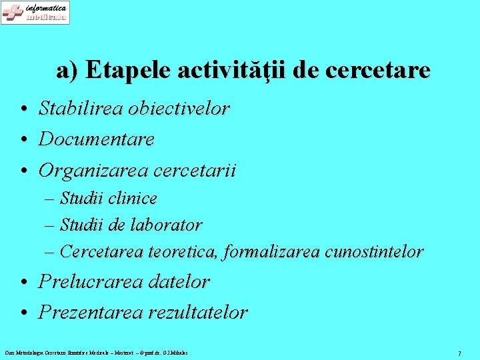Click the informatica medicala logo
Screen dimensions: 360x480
35,13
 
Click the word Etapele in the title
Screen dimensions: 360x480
125,70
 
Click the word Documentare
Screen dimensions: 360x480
97,139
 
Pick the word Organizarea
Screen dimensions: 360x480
93,171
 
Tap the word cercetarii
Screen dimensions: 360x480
195,171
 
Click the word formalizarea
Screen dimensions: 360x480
273,252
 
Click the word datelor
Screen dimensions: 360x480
179,281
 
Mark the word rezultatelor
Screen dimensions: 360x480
198,312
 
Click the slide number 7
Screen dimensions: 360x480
459,353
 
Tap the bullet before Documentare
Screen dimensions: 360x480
23,140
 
